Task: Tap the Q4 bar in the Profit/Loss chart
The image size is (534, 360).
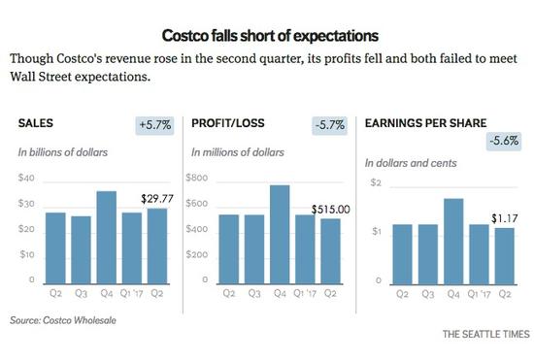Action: tap(280, 235)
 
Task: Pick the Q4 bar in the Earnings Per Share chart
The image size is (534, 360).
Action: tap(452, 241)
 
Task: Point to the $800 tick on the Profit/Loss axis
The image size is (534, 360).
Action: tap(198, 179)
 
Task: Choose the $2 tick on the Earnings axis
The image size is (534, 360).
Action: tap(374, 183)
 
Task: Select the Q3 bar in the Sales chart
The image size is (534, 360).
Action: tap(81, 250)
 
